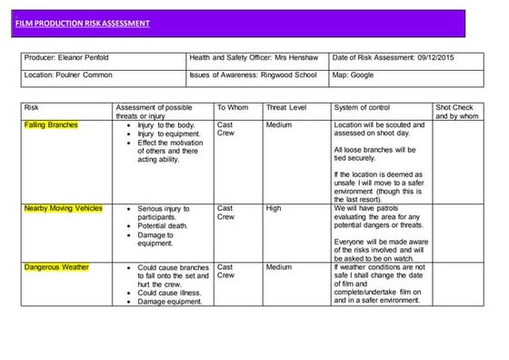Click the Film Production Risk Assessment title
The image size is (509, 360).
tap(82, 23)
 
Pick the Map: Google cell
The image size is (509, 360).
tap(354, 75)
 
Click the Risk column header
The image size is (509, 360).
tap(32, 107)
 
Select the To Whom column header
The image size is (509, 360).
tap(233, 107)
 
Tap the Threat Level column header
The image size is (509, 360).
tap(286, 107)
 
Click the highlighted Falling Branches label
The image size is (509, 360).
tap(51, 125)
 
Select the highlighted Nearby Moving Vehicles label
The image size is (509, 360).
tap(64, 208)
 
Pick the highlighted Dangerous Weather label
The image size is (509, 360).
tap(56, 267)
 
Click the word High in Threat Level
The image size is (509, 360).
tap(274, 208)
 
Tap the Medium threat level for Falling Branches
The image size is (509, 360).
tap(278, 125)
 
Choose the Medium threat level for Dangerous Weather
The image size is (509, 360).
tap(278, 267)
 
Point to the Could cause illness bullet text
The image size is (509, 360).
tap(170, 293)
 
